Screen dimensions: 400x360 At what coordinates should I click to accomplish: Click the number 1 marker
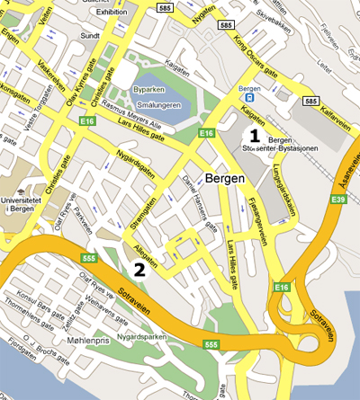pyautogui.click(x=255, y=136)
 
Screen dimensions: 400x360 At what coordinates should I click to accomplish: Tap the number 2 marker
pyautogui.click(x=139, y=268)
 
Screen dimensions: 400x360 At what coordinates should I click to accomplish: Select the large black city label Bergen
pyautogui.click(x=224, y=178)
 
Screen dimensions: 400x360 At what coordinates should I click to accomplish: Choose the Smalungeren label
pyautogui.click(x=158, y=105)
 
